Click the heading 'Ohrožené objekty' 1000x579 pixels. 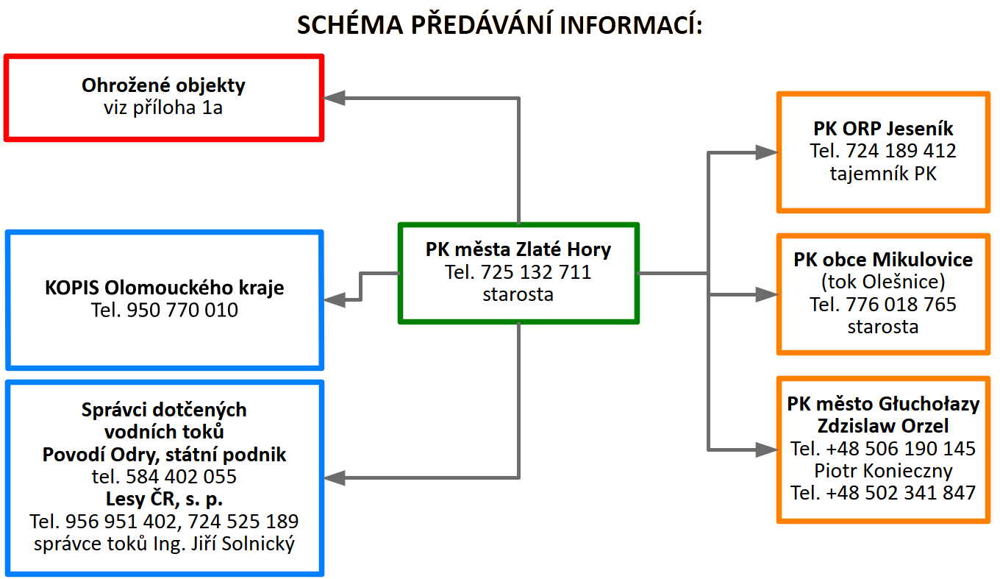(x=163, y=85)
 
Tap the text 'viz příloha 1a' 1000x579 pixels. (x=163, y=107)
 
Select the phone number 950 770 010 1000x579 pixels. (x=182, y=310)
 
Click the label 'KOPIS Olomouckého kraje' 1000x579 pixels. (x=164, y=288)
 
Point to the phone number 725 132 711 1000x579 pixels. (x=536, y=272)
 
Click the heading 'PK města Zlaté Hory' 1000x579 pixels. (x=518, y=249)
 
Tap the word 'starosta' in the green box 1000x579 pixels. (x=518, y=295)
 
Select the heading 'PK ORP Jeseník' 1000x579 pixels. (x=883, y=129)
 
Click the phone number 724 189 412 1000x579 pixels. (x=901, y=151)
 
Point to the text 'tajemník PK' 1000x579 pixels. (x=883, y=174)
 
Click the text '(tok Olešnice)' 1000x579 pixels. (x=883, y=282)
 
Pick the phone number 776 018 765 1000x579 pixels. (x=901, y=305)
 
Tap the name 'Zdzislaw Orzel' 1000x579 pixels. (x=883, y=426)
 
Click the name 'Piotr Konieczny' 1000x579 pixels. (x=883, y=471)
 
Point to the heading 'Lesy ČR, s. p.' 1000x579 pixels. (x=164, y=499)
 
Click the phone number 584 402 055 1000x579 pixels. (x=181, y=477)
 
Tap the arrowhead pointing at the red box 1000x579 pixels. (x=334, y=98)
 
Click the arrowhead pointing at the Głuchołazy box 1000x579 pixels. (x=767, y=450)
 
